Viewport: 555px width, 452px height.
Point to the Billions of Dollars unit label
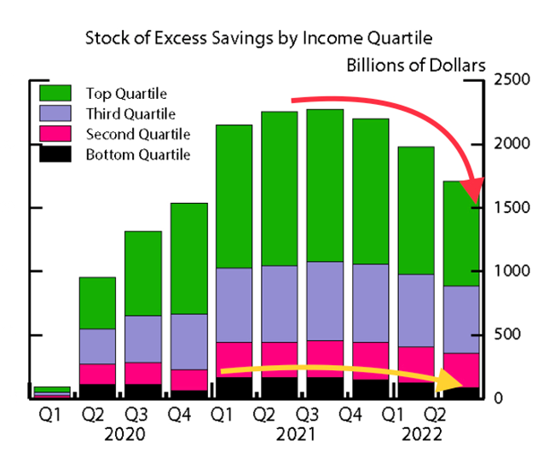416,65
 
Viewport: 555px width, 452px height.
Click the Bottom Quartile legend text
137,154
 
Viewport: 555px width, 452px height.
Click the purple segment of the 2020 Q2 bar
98,346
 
